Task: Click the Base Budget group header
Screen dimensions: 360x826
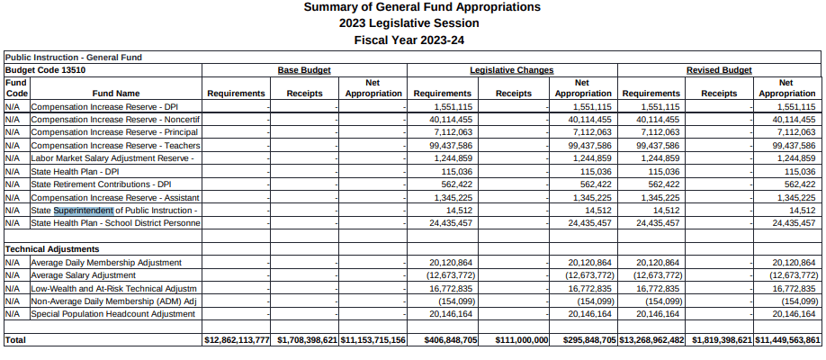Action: point(304,69)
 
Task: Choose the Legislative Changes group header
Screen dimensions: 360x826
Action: point(511,69)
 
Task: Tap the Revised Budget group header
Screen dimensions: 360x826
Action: point(719,69)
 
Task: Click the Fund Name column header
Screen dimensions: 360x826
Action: point(116,93)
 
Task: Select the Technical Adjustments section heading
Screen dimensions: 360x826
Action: point(52,248)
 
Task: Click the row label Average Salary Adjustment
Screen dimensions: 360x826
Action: point(83,274)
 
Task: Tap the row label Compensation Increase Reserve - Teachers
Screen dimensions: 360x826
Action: point(115,145)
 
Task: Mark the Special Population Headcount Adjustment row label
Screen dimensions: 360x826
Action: point(112,314)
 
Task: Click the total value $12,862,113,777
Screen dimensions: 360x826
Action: point(238,340)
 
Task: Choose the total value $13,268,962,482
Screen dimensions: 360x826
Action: point(652,340)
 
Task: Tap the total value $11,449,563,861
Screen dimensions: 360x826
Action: point(788,340)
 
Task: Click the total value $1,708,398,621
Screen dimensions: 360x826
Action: point(306,340)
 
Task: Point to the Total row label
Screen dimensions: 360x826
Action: point(15,340)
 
